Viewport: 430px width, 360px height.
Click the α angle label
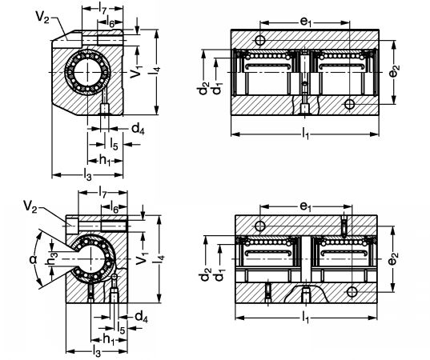click(x=33, y=259)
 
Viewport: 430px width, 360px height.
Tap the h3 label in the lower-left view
click(x=51, y=259)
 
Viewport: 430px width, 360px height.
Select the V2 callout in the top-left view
click(x=42, y=17)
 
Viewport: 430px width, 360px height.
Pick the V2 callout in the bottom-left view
click(x=30, y=206)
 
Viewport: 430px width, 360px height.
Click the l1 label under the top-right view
click(x=305, y=134)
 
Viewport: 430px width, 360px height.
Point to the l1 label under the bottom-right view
click(x=305, y=318)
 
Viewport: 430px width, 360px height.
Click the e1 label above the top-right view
click(x=306, y=22)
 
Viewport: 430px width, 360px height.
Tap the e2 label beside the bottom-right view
click(x=393, y=259)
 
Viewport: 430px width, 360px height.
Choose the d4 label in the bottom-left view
click(x=141, y=318)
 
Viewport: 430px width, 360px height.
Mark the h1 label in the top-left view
click(x=104, y=160)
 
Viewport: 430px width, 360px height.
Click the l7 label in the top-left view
click(x=102, y=9)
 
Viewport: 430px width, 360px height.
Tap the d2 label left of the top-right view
click(x=203, y=88)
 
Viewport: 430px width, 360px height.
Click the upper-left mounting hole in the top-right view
click(x=259, y=40)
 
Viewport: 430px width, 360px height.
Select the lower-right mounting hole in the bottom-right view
click(x=352, y=292)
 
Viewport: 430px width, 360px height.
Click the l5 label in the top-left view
click(x=114, y=144)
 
